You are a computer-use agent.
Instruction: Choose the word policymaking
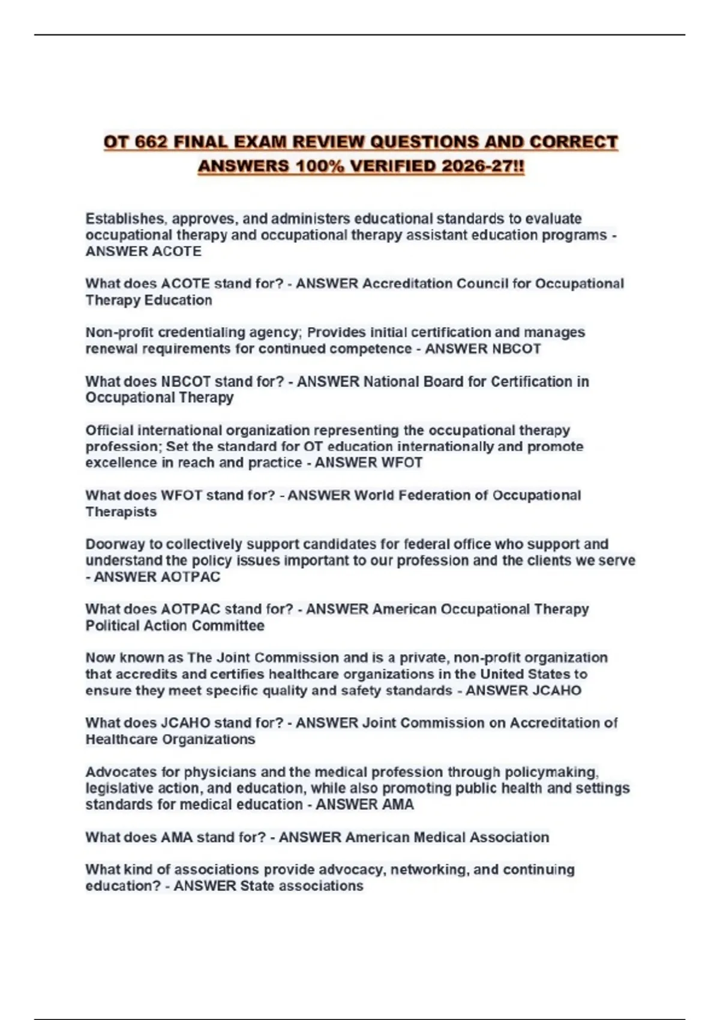pos(551,772)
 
